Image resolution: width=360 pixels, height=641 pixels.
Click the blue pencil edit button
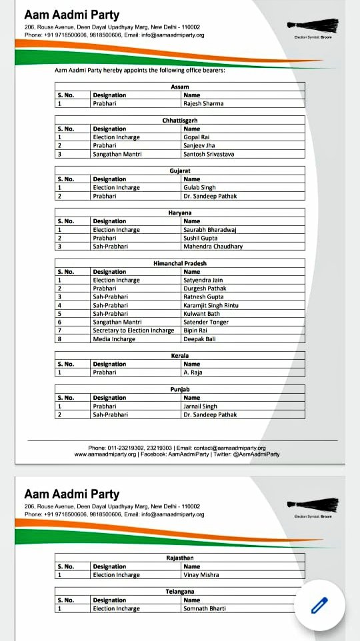click(320, 605)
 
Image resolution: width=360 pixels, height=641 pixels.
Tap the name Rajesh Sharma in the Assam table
click(203, 103)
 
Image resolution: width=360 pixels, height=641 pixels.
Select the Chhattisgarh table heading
click(179, 120)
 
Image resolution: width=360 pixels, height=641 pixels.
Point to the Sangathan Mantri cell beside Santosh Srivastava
click(117, 154)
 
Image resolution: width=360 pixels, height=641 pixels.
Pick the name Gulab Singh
click(199, 188)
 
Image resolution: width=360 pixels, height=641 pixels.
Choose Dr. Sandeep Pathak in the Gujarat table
click(210, 196)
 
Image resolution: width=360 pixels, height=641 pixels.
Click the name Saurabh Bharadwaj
click(210, 230)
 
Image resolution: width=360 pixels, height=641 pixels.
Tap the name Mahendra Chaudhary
click(213, 247)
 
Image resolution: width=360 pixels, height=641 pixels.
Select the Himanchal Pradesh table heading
click(179, 263)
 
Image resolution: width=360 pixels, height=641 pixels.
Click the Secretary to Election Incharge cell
click(133, 330)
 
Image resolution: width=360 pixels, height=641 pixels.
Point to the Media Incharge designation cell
click(114, 339)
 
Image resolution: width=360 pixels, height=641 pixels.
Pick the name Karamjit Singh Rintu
click(211, 305)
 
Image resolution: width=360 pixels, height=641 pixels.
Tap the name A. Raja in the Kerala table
click(193, 372)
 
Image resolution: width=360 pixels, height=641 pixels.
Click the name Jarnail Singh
click(200, 406)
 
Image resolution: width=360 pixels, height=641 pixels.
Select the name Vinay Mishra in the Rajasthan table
click(201, 574)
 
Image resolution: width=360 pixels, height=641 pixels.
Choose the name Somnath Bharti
click(205, 608)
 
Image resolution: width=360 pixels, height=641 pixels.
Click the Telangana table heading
click(179, 592)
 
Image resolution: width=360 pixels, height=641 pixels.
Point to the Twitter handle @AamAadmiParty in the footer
click(256, 454)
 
